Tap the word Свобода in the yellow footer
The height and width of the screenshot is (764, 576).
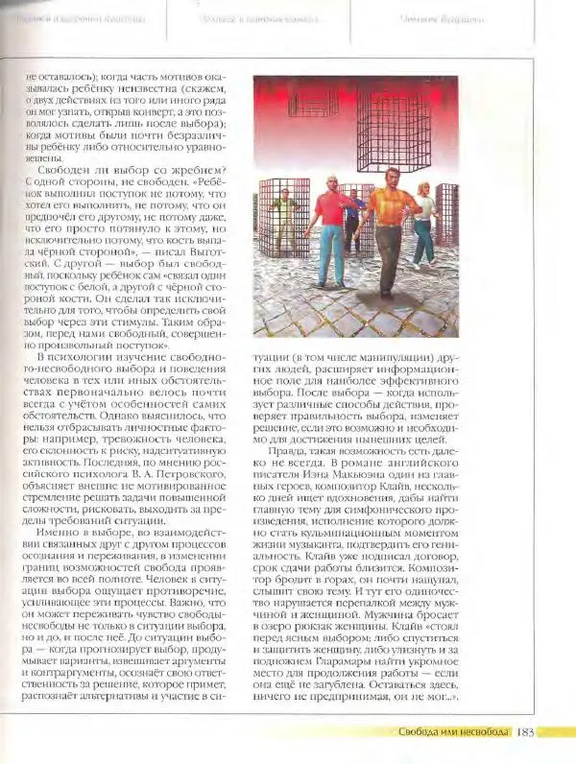pyautogui.click(x=421, y=733)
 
